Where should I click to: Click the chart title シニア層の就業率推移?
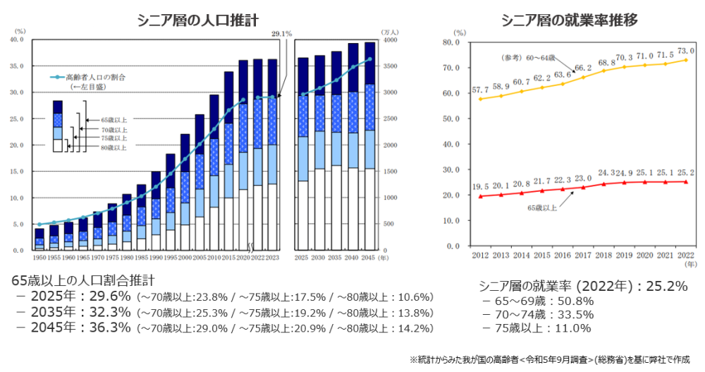[570, 20]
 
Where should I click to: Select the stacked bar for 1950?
[39, 239]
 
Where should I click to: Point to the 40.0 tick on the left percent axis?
[17, 40]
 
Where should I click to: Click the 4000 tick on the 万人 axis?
[389, 40]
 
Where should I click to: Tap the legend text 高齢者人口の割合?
[95, 77]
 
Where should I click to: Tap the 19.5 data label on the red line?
[480, 187]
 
